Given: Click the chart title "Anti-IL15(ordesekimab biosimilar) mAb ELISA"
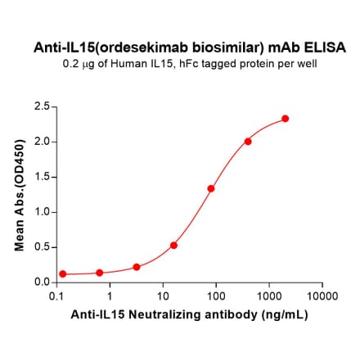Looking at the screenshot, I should (190, 47).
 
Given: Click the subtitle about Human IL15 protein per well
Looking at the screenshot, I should (190, 63).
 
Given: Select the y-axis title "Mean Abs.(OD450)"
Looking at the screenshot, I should (18, 195).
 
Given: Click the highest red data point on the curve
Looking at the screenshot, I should (285, 119).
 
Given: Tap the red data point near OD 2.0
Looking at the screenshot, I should (248, 141).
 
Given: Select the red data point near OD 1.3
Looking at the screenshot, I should (211, 188).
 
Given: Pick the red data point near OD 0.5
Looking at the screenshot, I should (173, 245).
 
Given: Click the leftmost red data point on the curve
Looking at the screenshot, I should (63, 274).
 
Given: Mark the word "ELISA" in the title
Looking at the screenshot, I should (328, 47).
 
